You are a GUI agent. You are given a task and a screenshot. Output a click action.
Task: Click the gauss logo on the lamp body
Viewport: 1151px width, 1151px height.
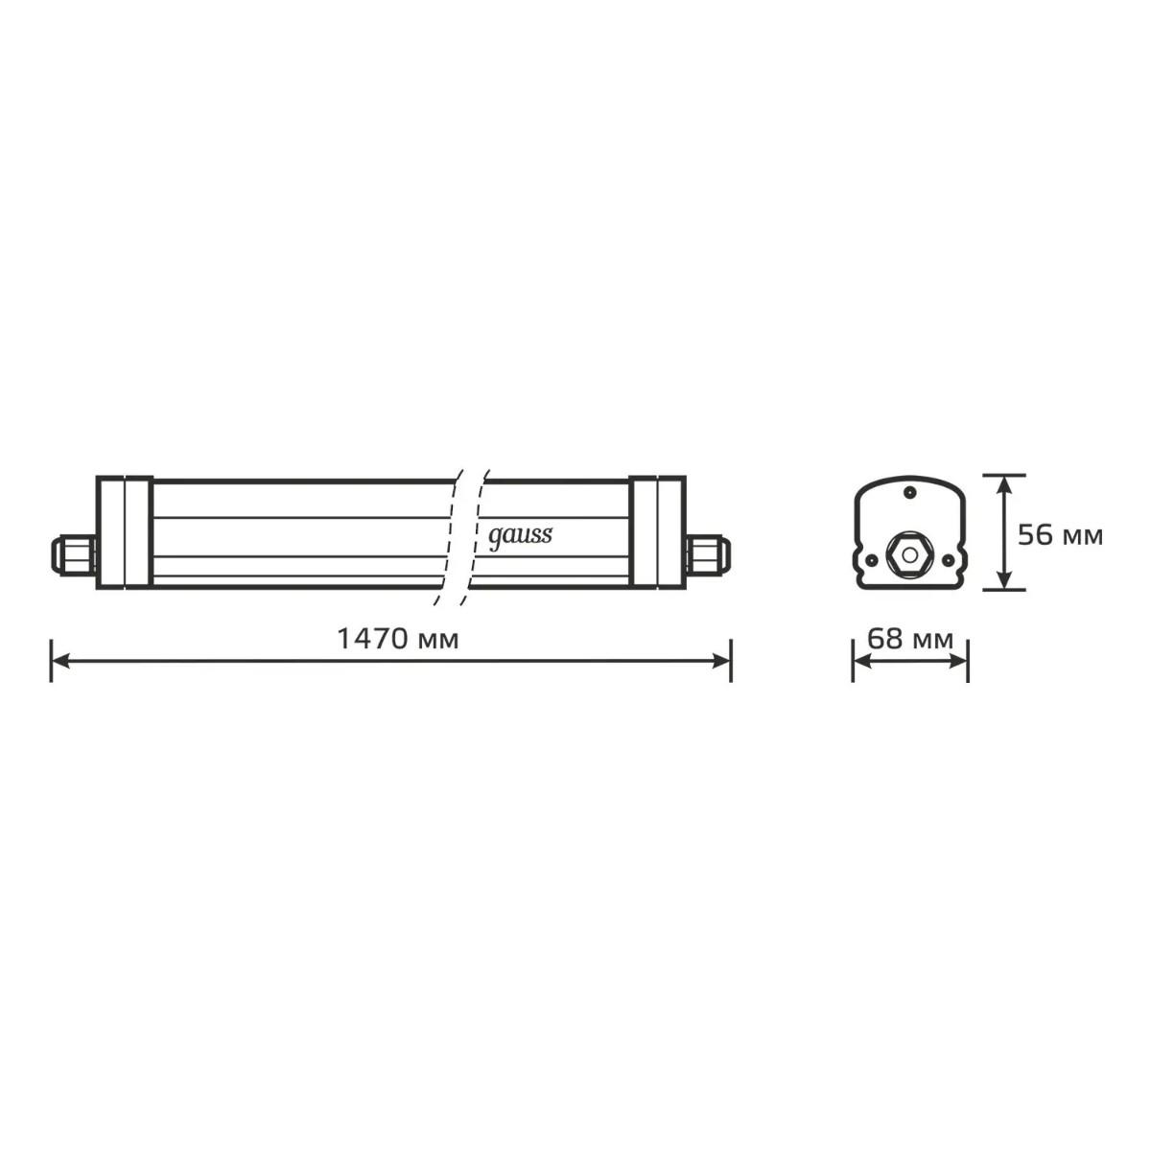(x=520, y=536)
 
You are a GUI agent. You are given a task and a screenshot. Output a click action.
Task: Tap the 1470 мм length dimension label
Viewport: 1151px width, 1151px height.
(x=398, y=639)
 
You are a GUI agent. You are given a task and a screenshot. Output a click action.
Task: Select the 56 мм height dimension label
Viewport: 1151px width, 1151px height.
(x=1060, y=535)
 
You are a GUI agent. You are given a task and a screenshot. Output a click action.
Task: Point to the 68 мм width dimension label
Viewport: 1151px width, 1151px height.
(x=910, y=640)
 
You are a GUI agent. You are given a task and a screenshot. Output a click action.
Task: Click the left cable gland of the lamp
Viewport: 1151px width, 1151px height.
(x=74, y=555)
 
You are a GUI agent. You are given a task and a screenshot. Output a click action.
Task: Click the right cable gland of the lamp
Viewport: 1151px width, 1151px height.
(x=709, y=555)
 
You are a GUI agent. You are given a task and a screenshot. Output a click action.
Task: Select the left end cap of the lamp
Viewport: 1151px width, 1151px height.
(x=125, y=532)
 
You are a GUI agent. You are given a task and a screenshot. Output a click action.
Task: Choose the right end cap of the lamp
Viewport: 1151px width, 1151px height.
(x=657, y=532)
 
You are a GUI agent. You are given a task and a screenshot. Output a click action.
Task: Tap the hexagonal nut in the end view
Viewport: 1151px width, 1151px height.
(x=909, y=555)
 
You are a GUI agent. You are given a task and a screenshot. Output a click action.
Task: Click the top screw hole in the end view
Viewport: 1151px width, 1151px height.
(x=909, y=492)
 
